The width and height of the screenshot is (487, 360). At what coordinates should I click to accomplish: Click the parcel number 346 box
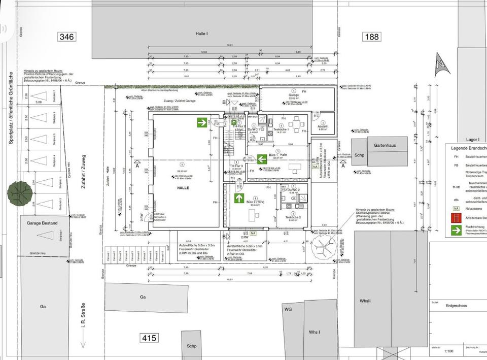[67, 37]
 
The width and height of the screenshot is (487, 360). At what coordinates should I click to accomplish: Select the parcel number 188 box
[371, 37]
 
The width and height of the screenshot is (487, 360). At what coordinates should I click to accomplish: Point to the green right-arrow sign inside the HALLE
[202, 122]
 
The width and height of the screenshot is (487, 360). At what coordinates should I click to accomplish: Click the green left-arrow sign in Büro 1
[262, 159]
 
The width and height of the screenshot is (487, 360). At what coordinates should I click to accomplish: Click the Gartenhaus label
[384, 145]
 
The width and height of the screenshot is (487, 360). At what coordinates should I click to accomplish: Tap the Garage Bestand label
[43, 223]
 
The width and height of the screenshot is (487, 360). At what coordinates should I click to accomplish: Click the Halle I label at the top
[202, 33]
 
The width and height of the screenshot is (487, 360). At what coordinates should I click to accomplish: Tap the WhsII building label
[365, 301]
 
